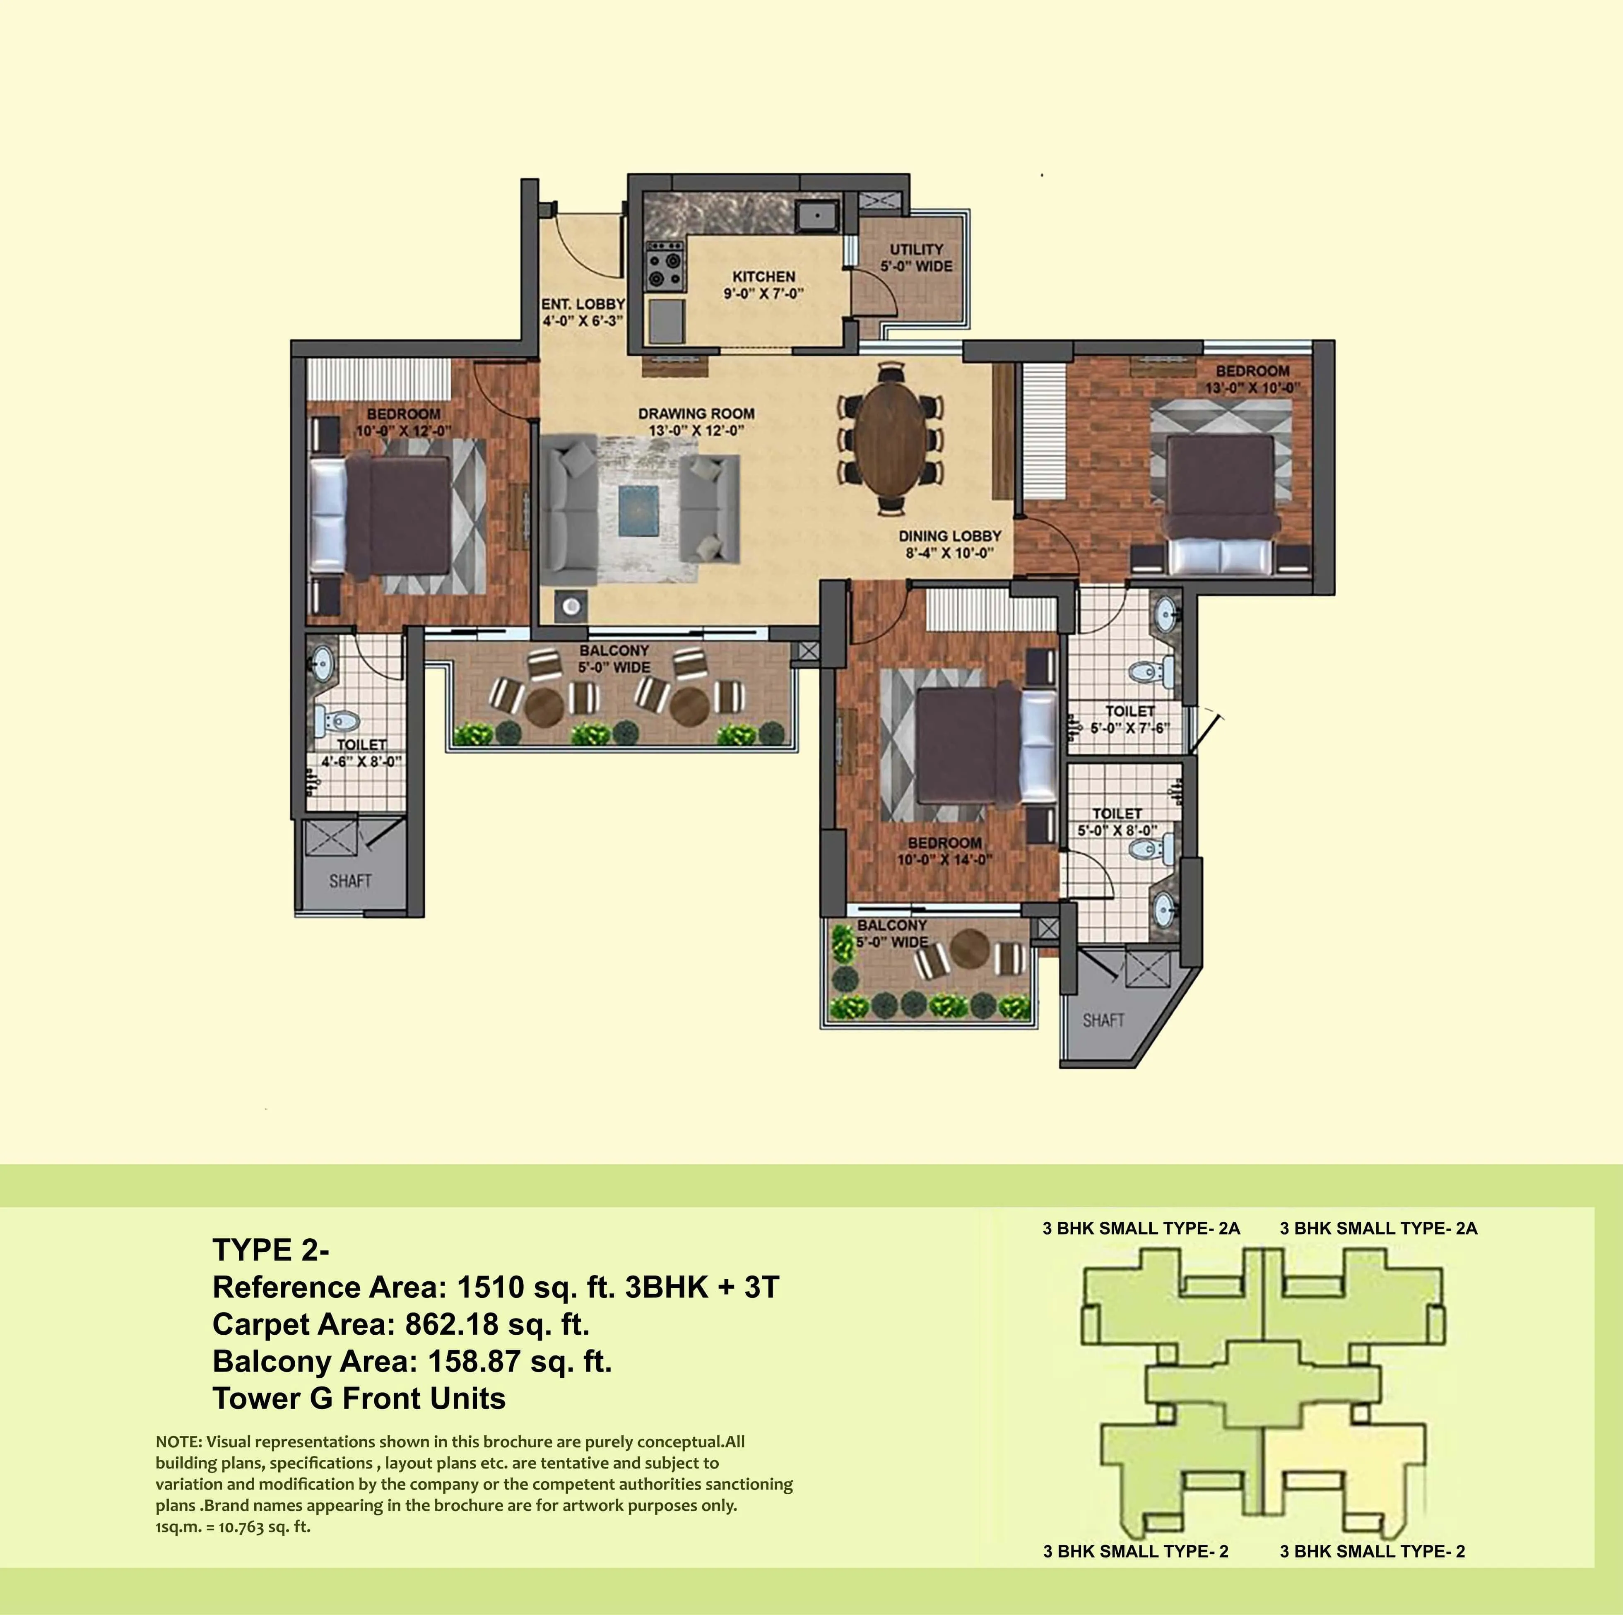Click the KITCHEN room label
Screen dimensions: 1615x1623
[x=763, y=276]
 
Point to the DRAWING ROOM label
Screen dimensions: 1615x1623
[x=696, y=413]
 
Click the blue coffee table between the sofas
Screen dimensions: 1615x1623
[x=638, y=510]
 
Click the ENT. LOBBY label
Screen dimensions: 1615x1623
[x=582, y=304]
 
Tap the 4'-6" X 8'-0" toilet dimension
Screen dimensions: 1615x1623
[x=361, y=762]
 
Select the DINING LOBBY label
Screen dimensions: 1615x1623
[x=949, y=536]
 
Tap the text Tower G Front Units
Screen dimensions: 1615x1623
[x=359, y=1398]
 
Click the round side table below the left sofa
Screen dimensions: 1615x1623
[x=571, y=606]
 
